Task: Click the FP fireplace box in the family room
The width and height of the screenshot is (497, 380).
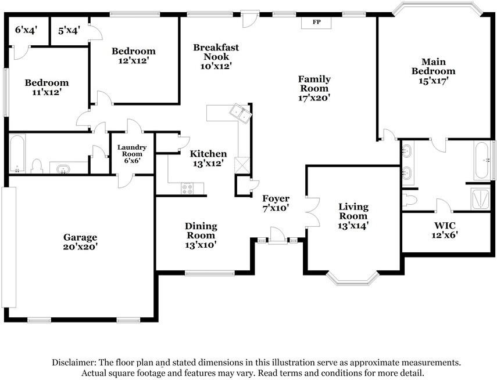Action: (316, 23)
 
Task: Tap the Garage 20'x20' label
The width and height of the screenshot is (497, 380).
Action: (80, 242)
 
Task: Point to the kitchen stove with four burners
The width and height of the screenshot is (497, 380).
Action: (187, 189)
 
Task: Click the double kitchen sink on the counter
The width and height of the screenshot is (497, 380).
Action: (241, 113)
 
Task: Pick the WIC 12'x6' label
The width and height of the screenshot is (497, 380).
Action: (445, 230)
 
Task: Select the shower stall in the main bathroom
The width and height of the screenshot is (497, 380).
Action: (481, 198)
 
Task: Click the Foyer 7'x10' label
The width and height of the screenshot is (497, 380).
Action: (276, 203)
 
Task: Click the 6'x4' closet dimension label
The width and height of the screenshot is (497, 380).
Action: (26, 30)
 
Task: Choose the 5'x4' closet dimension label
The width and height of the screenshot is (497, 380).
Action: (69, 31)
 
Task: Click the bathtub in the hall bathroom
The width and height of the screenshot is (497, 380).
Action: (17, 154)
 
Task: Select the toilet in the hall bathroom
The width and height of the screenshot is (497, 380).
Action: (37, 166)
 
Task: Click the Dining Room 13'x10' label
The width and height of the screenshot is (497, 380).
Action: (201, 235)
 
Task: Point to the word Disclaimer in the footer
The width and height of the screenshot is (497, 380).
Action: (74, 362)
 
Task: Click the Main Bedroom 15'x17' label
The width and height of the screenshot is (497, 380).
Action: (433, 71)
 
